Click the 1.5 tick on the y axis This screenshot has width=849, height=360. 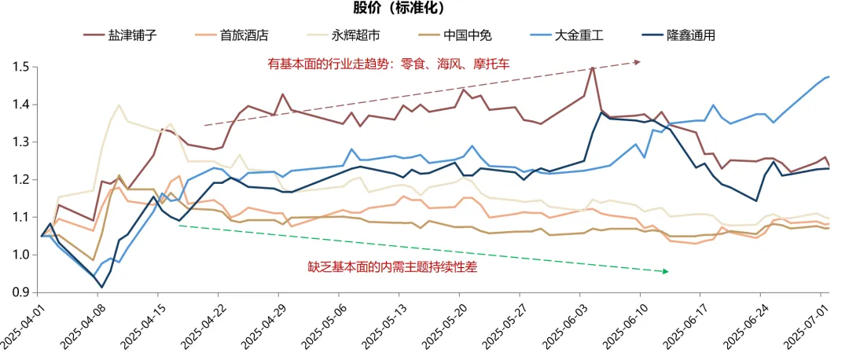[21, 68]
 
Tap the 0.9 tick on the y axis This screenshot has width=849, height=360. [21, 292]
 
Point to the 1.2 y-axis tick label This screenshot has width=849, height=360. [21, 180]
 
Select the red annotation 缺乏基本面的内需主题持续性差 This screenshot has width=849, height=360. [392, 267]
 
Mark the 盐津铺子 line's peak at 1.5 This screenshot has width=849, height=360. [591, 68]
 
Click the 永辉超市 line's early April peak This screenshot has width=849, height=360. [119, 105]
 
